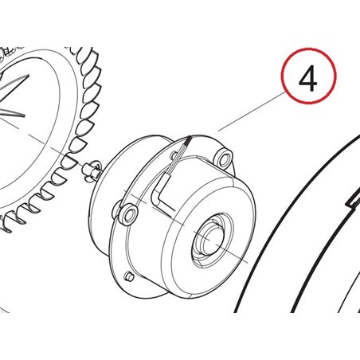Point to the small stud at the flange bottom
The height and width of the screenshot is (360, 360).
pos(127,276)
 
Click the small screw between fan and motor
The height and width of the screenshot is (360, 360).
pos(92,168)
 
